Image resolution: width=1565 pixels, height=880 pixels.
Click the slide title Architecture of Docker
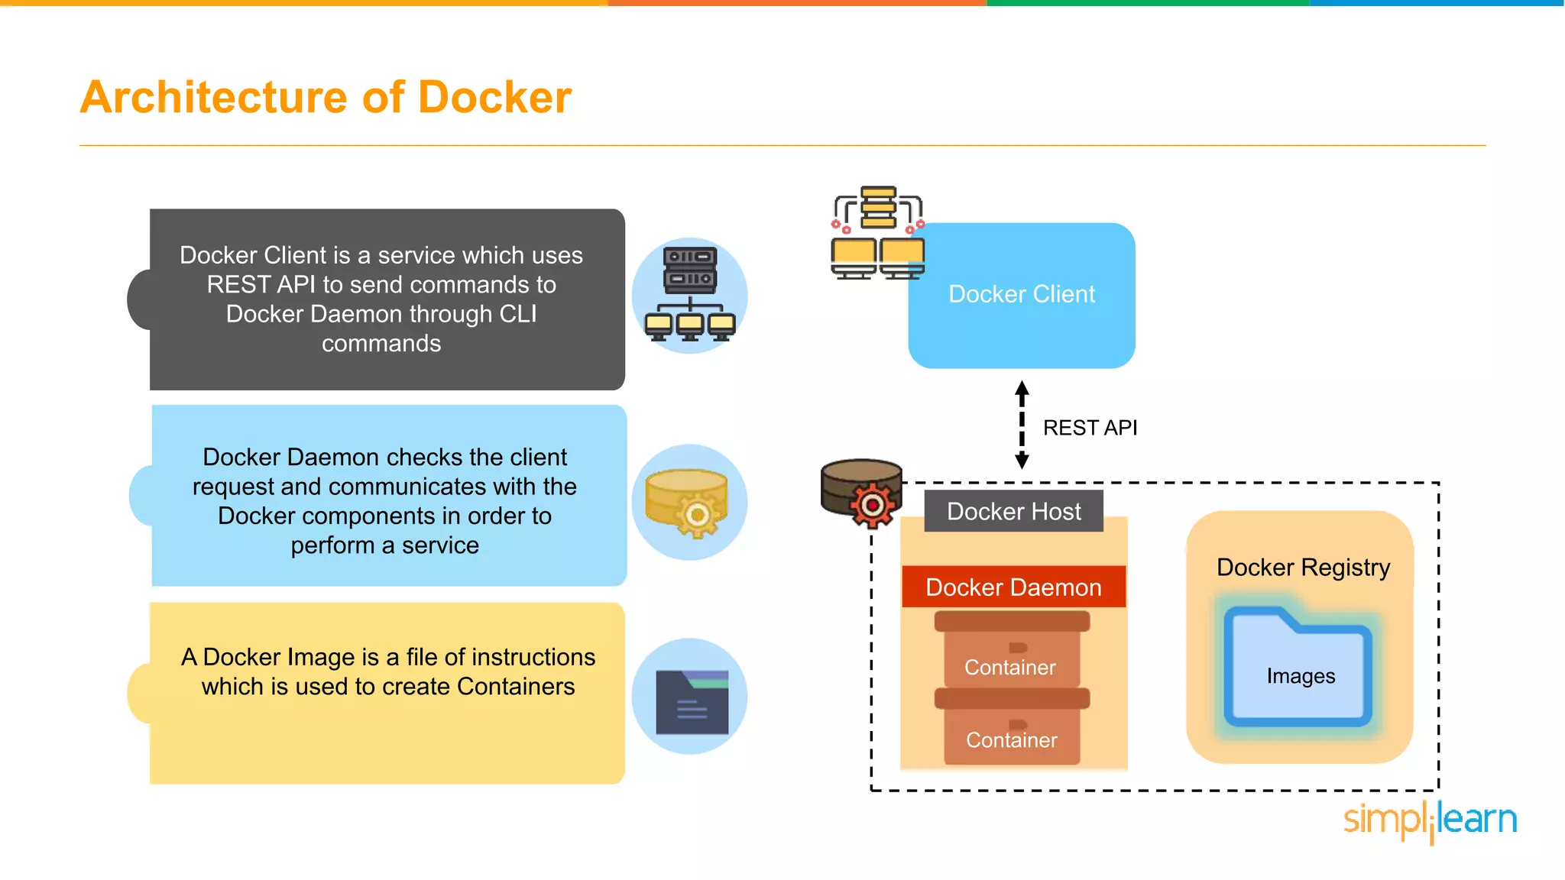(x=326, y=97)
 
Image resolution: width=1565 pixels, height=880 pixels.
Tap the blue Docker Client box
(x=1022, y=296)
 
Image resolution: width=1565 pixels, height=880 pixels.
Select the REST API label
(x=1090, y=428)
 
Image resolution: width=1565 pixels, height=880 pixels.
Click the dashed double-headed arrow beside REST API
(x=1022, y=425)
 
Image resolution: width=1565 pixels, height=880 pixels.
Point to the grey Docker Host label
(x=1014, y=511)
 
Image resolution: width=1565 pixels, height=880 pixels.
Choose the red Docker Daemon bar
(x=1014, y=587)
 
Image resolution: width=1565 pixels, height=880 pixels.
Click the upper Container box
(x=1012, y=649)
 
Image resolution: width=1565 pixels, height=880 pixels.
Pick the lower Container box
(x=1012, y=726)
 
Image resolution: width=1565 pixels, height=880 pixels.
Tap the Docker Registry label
(x=1303, y=568)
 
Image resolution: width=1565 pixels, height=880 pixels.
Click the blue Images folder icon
(x=1298, y=667)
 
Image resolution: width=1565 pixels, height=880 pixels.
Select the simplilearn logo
(x=1431, y=821)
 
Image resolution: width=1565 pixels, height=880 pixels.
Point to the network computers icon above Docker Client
(x=878, y=232)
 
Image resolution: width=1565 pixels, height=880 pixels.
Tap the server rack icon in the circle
(x=690, y=294)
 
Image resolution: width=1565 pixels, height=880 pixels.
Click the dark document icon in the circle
(x=692, y=702)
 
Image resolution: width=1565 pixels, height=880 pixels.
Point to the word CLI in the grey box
(x=517, y=314)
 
